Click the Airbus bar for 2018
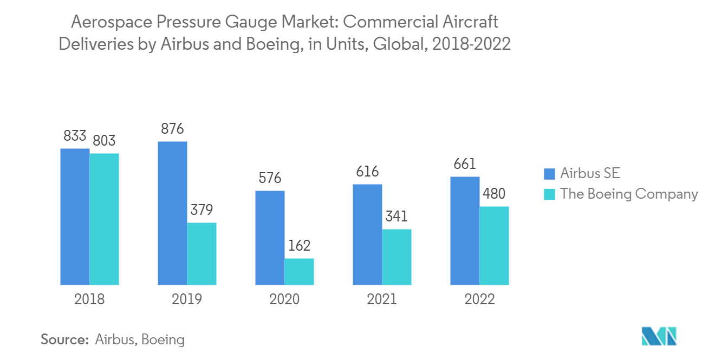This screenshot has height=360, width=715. (x=75, y=217)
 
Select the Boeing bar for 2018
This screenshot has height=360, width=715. (x=104, y=219)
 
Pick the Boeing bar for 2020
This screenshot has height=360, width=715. (x=299, y=271)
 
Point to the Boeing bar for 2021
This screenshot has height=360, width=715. (x=396, y=257)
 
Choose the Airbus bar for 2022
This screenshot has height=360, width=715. (x=465, y=231)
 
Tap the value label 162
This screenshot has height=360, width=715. (x=299, y=246)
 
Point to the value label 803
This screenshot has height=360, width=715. (x=104, y=141)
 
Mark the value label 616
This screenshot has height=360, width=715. (x=367, y=172)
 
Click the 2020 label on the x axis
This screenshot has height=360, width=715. (x=284, y=299)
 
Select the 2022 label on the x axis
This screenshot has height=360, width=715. (x=479, y=299)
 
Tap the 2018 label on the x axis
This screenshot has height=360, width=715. (x=89, y=299)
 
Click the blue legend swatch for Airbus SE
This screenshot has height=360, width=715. (x=549, y=173)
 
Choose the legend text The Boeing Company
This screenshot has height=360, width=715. (x=629, y=194)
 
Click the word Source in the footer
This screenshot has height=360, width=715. (x=64, y=340)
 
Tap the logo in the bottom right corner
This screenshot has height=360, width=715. (x=659, y=336)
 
